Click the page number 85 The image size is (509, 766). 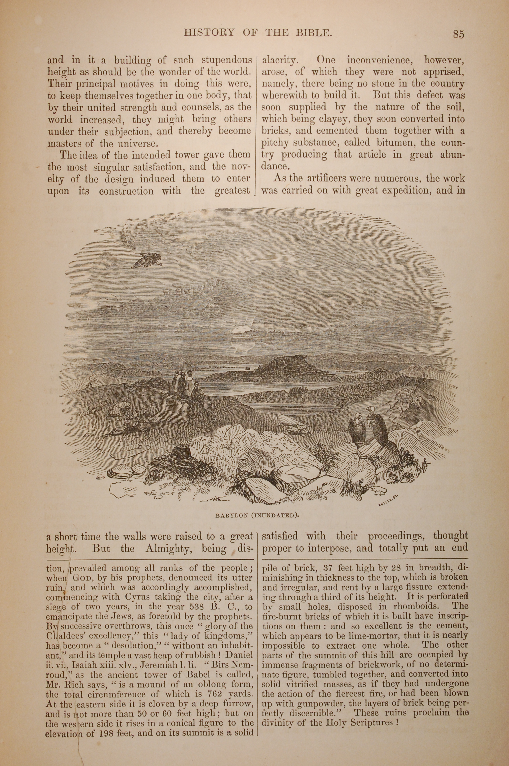(x=458, y=34)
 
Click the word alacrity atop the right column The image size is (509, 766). (x=279, y=60)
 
